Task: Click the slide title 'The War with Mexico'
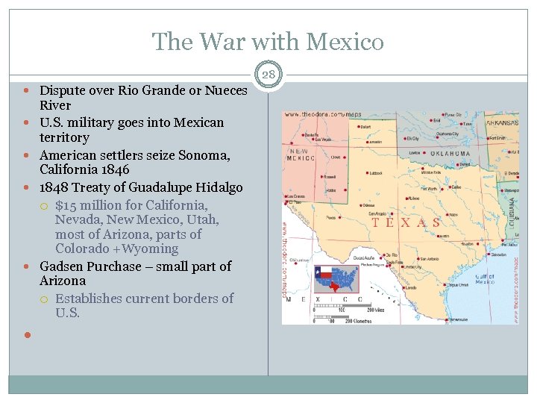(268, 41)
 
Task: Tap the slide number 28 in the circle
(268, 73)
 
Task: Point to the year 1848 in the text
(54, 187)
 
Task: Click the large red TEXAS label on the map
(406, 222)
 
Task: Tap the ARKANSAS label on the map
(502, 123)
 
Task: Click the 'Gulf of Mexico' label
(484, 278)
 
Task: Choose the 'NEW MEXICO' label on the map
(303, 154)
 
